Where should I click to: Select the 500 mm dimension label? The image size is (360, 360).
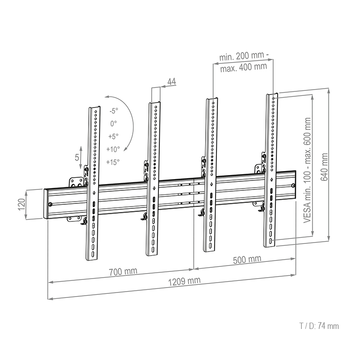coord(247,260)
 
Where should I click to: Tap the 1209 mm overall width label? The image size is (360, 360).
coord(184,281)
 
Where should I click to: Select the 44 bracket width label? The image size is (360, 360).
coord(171,81)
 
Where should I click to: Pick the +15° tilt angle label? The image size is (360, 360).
coord(113,162)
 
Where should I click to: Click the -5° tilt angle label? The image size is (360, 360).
coord(113,111)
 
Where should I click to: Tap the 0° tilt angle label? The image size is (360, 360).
coord(113,123)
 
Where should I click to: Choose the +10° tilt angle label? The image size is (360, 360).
coord(113,149)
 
